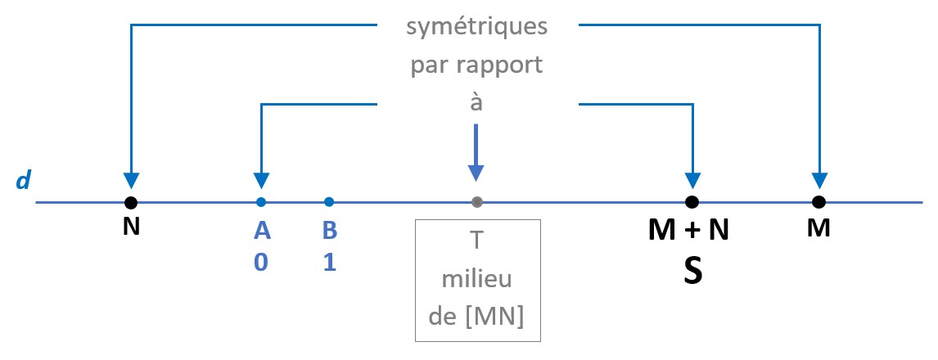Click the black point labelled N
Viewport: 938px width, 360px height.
click(x=132, y=202)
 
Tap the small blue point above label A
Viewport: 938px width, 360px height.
click(x=261, y=202)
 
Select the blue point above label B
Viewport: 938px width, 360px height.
click(x=329, y=202)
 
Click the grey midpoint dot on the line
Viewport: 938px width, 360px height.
click(x=477, y=202)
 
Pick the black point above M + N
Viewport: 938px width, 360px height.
click(x=692, y=202)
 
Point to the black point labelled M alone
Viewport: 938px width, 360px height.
click(x=819, y=202)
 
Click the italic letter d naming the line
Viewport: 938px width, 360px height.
click(x=23, y=179)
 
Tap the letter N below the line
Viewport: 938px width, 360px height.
click(x=132, y=227)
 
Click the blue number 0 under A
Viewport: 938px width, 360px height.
click(x=261, y=263)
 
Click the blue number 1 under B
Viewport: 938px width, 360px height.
click(x=330, y=263)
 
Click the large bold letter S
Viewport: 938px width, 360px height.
click(x=692, y=272)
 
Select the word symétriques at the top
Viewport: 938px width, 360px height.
click(x=477, y=28)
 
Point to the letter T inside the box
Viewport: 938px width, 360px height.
click(x=477, y=241)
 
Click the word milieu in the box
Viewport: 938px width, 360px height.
click(x=477, y=278)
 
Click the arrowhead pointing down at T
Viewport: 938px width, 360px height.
click(x=476, y=173)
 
